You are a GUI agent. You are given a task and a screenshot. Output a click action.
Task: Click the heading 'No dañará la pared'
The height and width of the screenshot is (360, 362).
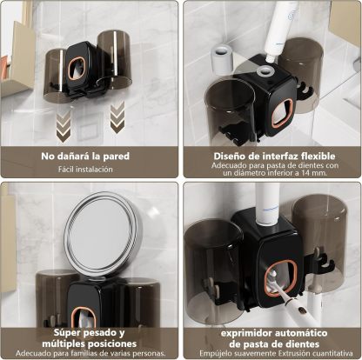tap(85, 157)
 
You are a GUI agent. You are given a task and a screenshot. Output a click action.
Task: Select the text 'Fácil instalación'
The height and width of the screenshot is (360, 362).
tap(85, 170)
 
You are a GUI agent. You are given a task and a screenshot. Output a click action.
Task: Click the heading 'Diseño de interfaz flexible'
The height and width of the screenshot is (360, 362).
tap(274, 157)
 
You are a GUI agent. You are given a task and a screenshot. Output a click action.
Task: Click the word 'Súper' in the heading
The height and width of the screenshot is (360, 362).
tap(68, 333)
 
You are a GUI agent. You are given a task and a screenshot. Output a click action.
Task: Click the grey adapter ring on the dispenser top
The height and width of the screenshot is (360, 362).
tap(265, 70)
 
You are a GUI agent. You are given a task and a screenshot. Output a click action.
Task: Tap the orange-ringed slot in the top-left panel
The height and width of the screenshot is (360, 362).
tap(77, 69)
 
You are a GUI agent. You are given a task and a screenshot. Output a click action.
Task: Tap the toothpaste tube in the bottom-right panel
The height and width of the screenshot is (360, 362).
tap(267, 203)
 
